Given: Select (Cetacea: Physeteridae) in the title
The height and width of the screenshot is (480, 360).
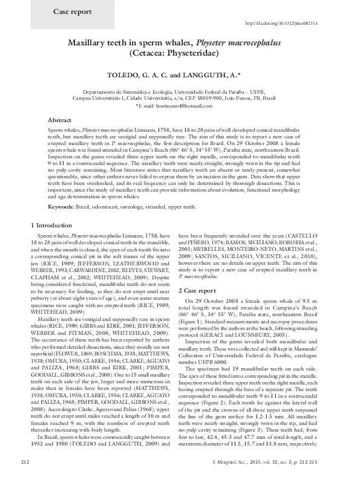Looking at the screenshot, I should point(180,53).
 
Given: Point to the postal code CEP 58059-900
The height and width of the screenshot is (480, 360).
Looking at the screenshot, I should point(218,97).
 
